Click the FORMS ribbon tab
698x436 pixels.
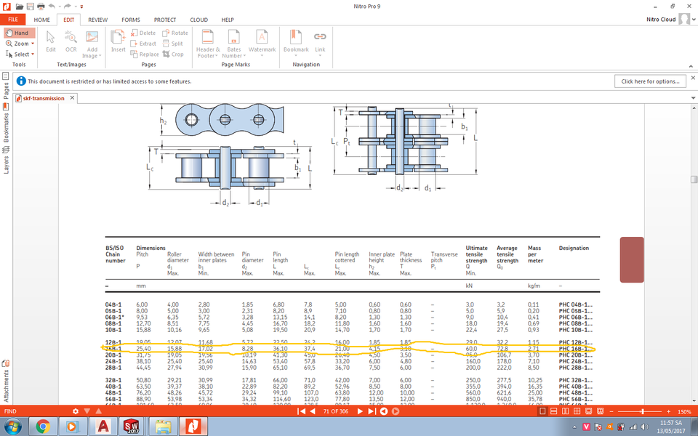click(131, 20)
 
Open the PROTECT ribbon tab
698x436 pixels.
click(165, 20)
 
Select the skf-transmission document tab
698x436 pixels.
click(44, 98)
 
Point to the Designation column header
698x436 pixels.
click(574, 249)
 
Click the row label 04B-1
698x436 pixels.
click(113, 304)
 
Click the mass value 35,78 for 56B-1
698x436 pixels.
click(534, 399)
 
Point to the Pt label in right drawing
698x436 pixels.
click(348, 141)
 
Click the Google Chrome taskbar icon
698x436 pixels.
click(43, 425)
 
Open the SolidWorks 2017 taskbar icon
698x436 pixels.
click(131, 425)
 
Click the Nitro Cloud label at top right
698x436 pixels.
click(659, 20)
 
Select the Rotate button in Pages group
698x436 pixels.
click(175, 33)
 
